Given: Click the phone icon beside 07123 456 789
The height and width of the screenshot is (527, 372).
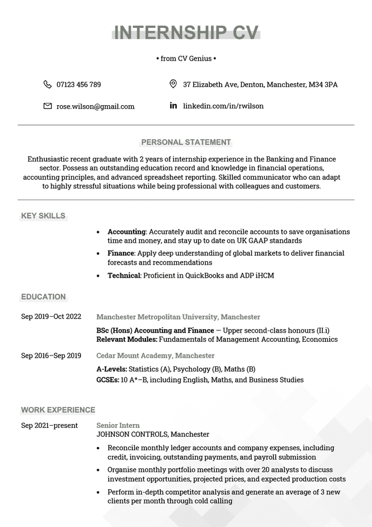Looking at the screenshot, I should point(47,84).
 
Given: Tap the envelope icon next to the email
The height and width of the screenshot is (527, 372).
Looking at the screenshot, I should point(47,106).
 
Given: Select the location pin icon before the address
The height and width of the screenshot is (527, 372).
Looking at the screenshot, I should point(173,84).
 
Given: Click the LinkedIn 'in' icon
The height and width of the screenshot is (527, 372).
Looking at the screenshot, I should point(173,106).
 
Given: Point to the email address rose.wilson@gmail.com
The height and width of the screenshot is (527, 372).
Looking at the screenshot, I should point(95,106).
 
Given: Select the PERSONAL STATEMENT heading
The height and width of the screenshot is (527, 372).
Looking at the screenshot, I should point(186,142).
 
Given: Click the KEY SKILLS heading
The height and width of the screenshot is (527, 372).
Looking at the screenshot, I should point(43,216).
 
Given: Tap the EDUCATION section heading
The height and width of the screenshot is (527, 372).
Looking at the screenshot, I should point(43,297).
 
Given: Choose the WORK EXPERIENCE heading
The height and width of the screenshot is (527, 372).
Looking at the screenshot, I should point(58,410).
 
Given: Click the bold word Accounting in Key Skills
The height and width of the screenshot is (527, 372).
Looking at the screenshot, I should point(126,232).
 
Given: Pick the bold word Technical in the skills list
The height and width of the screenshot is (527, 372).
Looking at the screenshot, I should point(124,276).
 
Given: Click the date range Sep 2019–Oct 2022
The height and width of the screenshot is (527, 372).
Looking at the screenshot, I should point(51,317).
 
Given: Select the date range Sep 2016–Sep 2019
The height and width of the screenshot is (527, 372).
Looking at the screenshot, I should point(51,356).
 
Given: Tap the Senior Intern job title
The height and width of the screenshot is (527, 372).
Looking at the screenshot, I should point(118,425).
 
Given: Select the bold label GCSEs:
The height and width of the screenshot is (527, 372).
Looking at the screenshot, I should point(108,380).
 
